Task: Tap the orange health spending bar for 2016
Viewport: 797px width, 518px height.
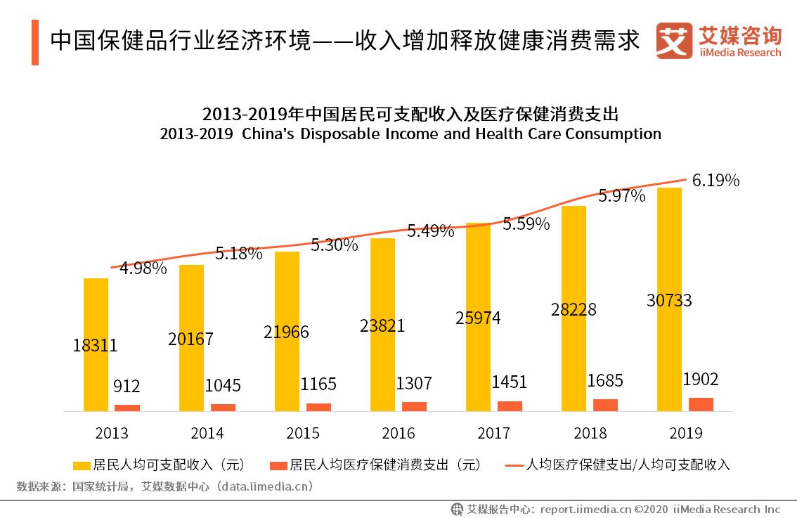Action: point(414,406)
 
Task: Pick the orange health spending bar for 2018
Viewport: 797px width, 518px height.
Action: point(605,405)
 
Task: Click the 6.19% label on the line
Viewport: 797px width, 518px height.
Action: point(715,181)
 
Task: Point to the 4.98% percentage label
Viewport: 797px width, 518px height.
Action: point(143,268)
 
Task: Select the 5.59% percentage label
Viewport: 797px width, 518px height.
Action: point(526,224)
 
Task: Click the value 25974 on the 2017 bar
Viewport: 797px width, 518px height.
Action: point(477,318)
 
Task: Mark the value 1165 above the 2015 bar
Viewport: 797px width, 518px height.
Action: point(318,384)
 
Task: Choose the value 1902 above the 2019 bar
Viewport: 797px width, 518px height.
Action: point(700,380)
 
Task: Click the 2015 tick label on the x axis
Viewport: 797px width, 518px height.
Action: point(303,433)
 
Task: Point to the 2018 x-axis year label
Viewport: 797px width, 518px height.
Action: point(590,433)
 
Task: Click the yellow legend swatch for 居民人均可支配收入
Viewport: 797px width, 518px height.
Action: point(82,465)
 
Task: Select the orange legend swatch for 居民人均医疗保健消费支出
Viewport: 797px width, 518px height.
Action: point(279,465)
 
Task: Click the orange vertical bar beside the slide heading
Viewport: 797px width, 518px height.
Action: point(35,42)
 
